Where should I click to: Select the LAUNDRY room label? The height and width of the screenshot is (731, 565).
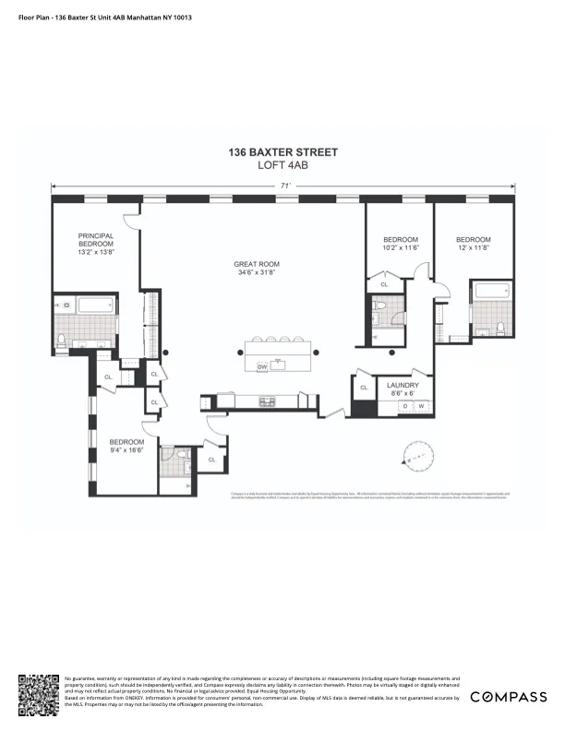[403, 385]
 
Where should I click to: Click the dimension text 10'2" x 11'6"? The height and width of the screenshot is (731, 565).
[402, 246]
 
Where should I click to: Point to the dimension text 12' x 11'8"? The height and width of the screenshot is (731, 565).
[473, 246]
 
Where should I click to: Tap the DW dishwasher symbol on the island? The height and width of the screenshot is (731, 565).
[263, 366]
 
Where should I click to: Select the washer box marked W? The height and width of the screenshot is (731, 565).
[421, 406]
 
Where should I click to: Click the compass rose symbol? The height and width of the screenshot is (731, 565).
[416, 455]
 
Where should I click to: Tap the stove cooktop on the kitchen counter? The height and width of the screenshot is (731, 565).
[268, 400]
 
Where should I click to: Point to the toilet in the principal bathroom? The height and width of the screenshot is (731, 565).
[62, 341]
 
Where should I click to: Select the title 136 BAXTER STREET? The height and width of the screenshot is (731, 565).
[283, 152]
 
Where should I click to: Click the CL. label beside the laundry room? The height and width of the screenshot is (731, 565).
[365, 388]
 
